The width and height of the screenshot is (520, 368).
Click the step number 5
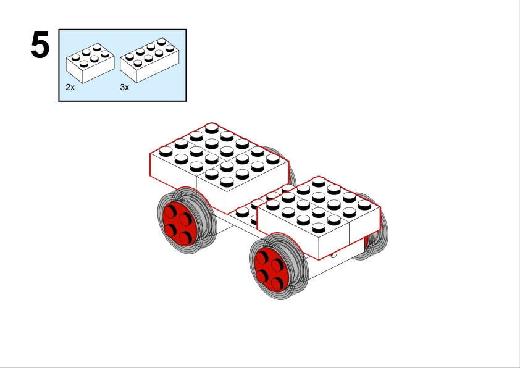[x=40, y=44]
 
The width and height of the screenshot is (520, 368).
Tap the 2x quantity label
[x=70, y=87]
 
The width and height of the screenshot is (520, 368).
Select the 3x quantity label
[x=125, y=87]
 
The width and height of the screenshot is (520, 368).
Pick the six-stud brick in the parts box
[x=91, y=62]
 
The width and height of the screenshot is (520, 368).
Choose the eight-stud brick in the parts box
[x=149, y=60]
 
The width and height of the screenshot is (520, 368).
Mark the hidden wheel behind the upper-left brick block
[x=288, y=164]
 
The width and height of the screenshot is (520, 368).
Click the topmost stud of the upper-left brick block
[x=212, y=128]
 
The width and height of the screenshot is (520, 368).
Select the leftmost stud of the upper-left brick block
[x=166, y=151]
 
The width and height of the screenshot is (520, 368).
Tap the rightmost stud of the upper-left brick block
[x=272, y=159]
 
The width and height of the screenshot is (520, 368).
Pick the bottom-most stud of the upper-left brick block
[x=227, y=182]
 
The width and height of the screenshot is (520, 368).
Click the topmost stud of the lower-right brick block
[x=319, y=182]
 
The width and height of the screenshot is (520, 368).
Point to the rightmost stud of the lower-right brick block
[x=364, y=204]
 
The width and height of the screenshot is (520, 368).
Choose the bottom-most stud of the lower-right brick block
[x=319, y=227]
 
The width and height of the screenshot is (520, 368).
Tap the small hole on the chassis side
[x=333, y=254]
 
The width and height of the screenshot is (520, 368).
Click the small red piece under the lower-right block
[x=366, y=242]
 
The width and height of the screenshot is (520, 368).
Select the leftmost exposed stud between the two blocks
[x=242, y=212]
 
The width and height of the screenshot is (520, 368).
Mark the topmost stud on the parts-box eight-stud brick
[x=162, y=41]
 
